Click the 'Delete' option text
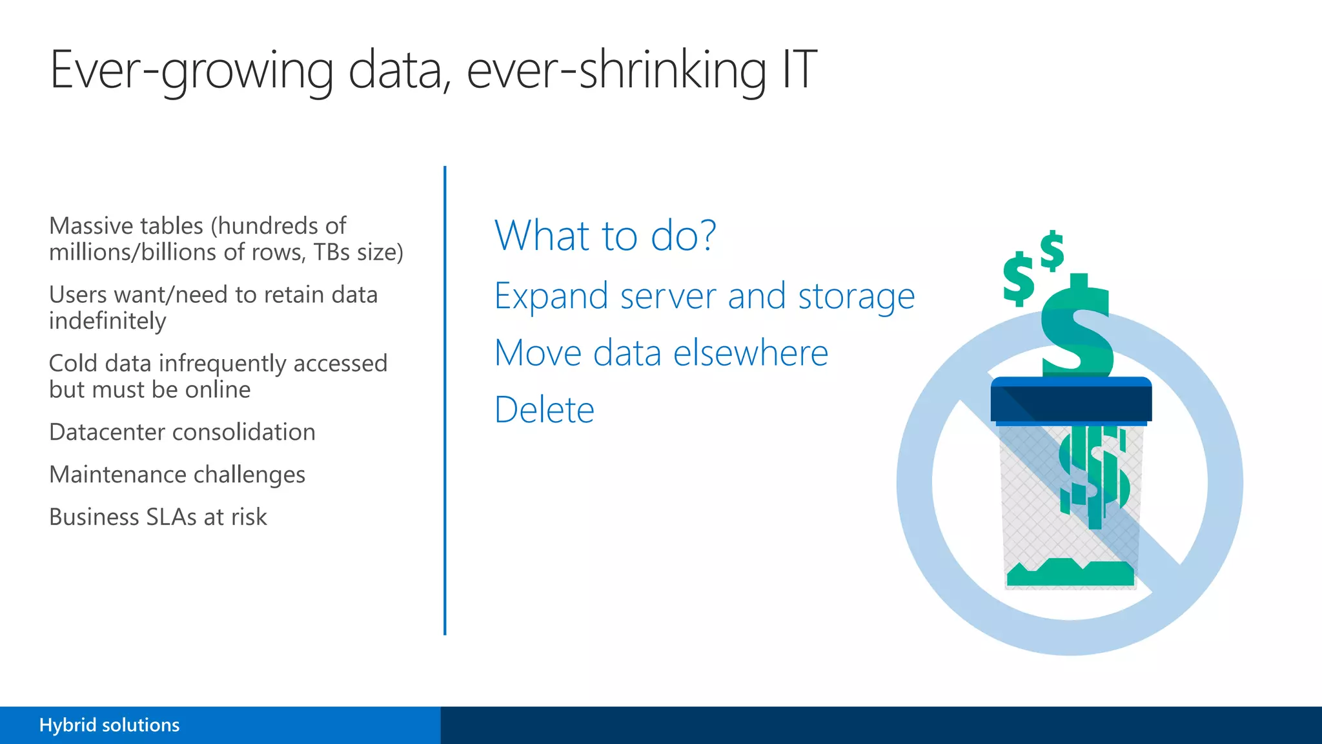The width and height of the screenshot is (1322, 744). click(544, 409)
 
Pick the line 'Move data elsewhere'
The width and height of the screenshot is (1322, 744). click(661, 353)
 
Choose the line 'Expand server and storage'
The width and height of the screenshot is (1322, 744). click(704, 296)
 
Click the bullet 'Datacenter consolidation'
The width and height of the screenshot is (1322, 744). click(182, 432)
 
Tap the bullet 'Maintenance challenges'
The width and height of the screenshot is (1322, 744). click(177, 475)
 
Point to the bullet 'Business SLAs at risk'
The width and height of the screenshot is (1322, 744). click(158, 517)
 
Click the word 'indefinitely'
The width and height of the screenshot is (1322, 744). click(107, 321)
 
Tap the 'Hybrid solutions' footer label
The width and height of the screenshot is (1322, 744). click(109, 725)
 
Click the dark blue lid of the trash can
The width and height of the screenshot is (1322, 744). click(1071, 400)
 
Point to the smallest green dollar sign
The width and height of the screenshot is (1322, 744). click(1052, 251)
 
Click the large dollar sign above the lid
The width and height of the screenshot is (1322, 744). click(1077, 329)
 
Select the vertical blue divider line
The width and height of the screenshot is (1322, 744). click(445, 400)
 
